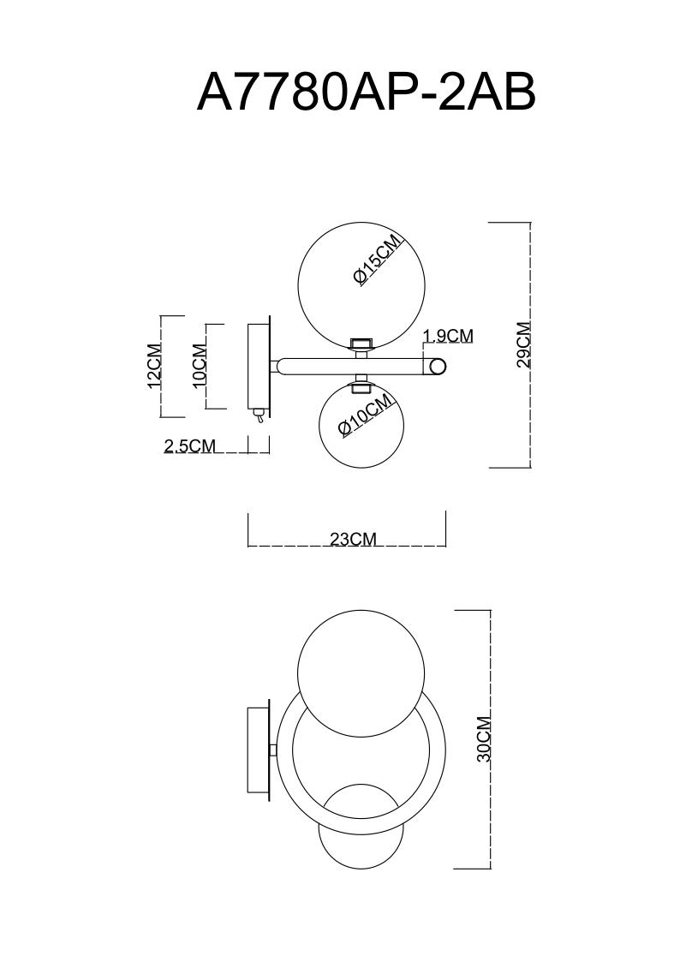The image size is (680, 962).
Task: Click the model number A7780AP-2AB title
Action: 366,93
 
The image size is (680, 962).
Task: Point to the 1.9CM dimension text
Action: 448,336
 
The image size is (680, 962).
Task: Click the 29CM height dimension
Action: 523,344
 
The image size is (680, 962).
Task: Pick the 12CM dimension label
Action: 154,366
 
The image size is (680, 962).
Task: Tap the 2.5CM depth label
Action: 189,445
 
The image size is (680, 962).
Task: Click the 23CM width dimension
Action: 353,539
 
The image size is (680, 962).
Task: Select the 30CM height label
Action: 484,738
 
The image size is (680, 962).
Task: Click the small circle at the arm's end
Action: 438,367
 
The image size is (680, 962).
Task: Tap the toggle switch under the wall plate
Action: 258,416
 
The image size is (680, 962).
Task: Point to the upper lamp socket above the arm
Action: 361,344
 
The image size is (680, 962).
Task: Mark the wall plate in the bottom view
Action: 259,750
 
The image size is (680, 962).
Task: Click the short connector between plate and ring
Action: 272,750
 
